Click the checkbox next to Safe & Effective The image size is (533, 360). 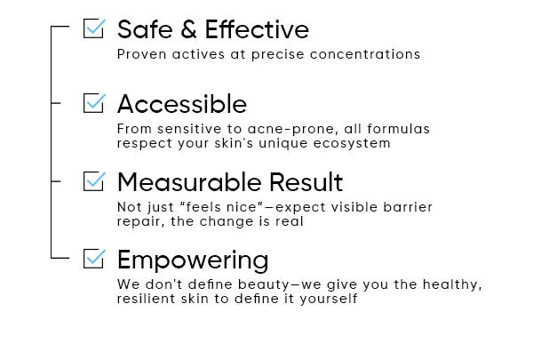tap(94, 28)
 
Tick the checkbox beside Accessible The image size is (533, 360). tap(94, 103)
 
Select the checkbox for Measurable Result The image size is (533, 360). tap(94, 181)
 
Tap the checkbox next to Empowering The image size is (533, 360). tap(94, 259)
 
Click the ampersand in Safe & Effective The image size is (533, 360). tap(189, 29)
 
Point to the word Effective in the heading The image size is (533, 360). tap(257, 29)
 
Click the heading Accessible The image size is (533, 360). tap(182, 104)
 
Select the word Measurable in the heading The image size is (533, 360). tap(189, 182)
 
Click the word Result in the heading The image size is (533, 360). tap(306, 182)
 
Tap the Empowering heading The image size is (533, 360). tap(193, 260)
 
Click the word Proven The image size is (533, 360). tap(142, 54)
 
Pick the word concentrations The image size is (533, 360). tap(365, 54)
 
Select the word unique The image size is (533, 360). tap(283, 144)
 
